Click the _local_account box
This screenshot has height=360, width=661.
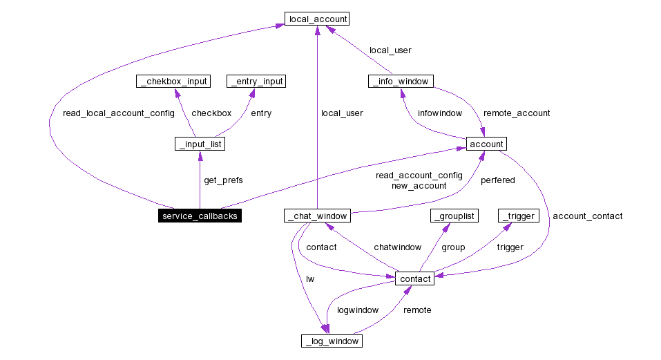click(316, 19)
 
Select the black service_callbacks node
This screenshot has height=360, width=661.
click(200, 216)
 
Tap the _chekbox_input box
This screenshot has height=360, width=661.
click(173, 82)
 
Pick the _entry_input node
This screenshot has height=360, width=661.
click(256, 82)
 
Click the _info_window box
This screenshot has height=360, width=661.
click(400, 82)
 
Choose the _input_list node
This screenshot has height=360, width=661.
click(200, 144)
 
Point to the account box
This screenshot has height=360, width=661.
click(486, 144)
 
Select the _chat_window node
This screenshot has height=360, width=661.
click(316, 216)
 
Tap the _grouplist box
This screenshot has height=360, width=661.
click(454, 216)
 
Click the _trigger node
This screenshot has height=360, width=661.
click(518, 216)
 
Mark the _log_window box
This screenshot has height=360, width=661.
click(332, 341)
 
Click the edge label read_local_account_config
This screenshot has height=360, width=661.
click(118, 113)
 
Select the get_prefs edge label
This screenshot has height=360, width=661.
click(223, 180)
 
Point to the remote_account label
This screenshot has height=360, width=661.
click(517, 113)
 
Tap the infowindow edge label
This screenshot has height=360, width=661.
click(440, 113)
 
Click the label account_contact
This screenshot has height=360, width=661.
click(587, 216)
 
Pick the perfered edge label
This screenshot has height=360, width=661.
click(497, 180)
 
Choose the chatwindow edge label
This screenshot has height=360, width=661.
click(397, 247)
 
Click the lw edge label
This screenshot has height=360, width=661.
click(310, 279)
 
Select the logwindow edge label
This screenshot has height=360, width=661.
click(357, 310)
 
